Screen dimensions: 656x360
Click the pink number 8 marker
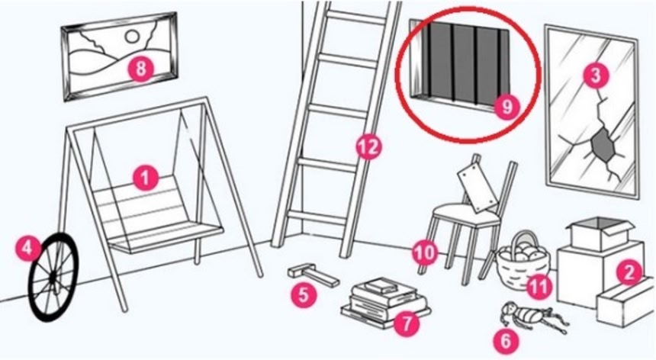click(141, 68)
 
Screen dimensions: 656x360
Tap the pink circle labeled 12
click(368, 146)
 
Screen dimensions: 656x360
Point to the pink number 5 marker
click(304, 294)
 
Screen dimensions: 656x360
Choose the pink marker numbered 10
click(425, 252)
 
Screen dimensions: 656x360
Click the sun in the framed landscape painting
click(132, 37)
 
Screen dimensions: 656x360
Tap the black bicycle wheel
click(53, 277)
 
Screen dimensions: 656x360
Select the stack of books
click(385, 301)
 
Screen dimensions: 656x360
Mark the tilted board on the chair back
click(478, 187)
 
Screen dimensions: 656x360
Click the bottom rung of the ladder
click(317, 218)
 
